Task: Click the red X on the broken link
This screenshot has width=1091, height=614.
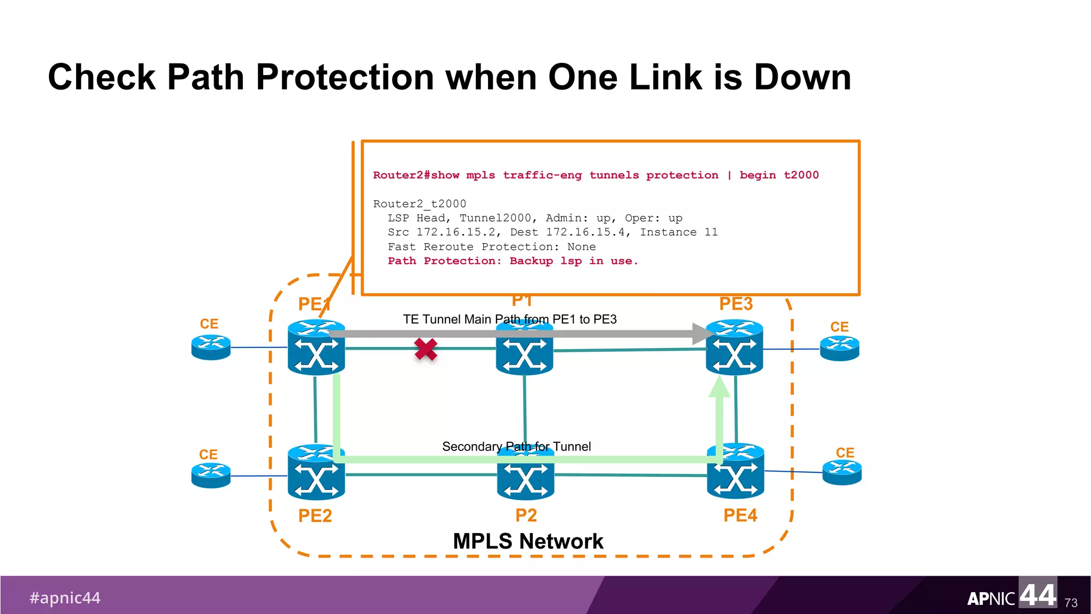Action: coord(426,350)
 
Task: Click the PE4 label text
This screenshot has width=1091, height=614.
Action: coord(740,515)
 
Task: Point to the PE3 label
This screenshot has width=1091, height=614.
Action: coord(736,304)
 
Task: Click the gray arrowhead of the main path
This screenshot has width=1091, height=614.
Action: coord(702,334)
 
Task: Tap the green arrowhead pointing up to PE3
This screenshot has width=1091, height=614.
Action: coord(719,387)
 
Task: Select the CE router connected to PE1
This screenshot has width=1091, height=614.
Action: coord(211,348)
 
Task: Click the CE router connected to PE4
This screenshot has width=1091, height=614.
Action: coord(842,472)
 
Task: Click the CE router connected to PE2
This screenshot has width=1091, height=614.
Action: coord(211,475)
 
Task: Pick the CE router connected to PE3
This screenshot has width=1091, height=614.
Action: coord(840,349)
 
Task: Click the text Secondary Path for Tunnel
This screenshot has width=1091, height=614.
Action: coord(516,447)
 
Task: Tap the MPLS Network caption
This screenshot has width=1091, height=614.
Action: coord(528,542)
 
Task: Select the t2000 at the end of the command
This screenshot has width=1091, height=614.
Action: coord(801,175)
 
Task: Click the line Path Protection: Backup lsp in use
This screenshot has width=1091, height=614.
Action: coord(512,261)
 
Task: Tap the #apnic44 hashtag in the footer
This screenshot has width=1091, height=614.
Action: coord(65,598)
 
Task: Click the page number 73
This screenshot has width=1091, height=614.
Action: coord(1071,603)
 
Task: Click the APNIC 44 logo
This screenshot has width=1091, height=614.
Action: coord(1011,596)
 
